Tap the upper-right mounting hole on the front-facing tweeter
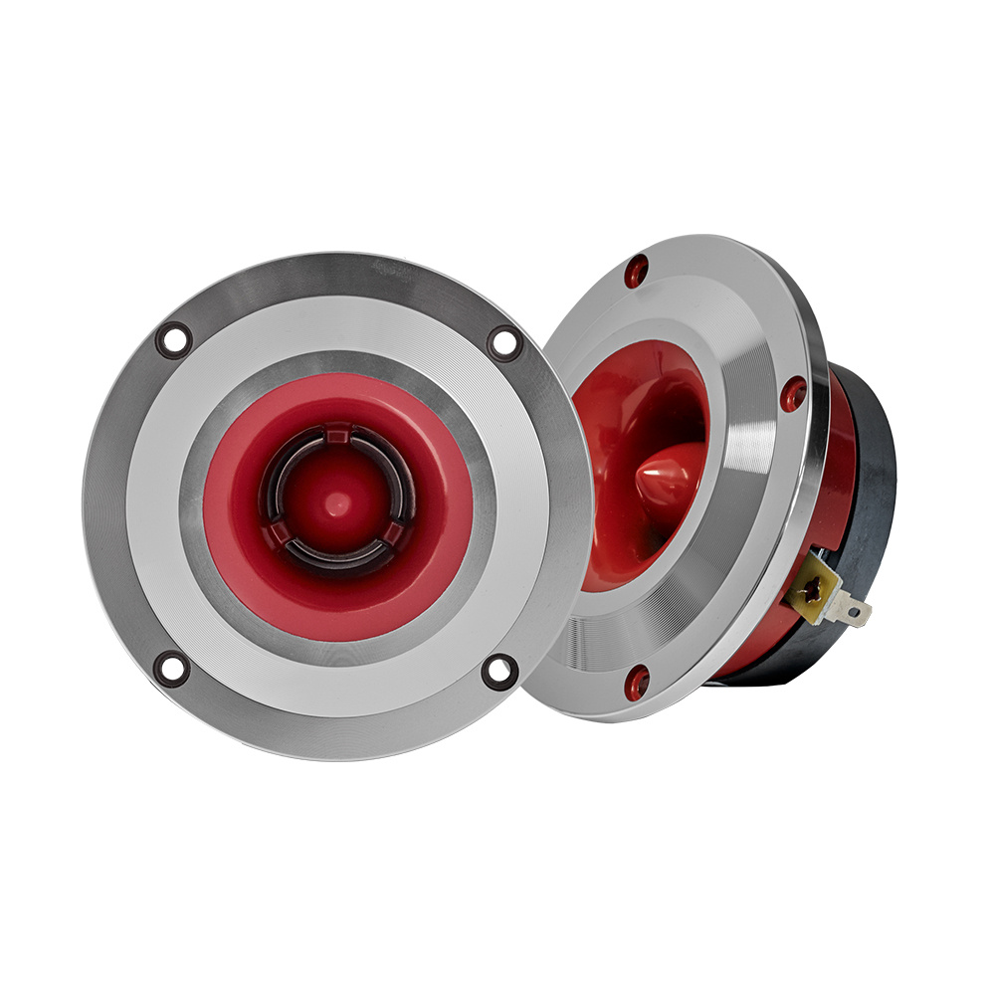coord(504,342)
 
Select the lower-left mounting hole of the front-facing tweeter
coord(171,668)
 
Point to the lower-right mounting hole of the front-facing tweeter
coord(498,671)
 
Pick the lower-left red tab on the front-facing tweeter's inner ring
coord(280,537)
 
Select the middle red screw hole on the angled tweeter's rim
coord(793,395)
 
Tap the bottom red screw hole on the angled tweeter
coord(638,681)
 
